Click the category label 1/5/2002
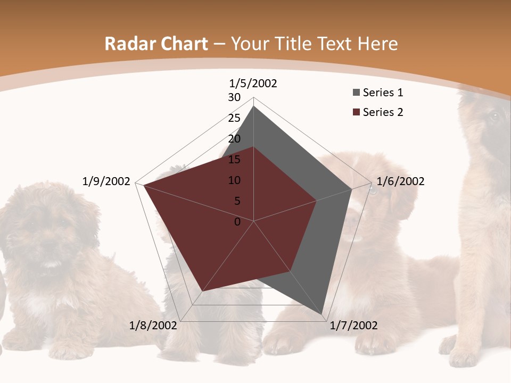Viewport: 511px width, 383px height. pyautogui.click(x=253, y=83)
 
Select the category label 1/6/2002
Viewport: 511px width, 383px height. pyautogui.click(x=400, y=181)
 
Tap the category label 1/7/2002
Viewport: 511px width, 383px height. pyautogui.click(x=353, y=326)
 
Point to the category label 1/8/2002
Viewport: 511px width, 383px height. pyautogui.click(x=153, y=326)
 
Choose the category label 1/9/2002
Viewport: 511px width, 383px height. pyautogui.click(x=106, y=181)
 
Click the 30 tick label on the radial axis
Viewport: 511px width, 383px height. pyautogui.click(x=234, y=97)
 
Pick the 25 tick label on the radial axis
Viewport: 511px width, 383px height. pyautogui.click(x=234, y=118)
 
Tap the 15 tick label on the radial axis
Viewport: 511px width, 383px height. pyautogui.click(x=234, y=160)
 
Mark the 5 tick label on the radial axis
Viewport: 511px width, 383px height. pyautogui.click(x=237, y=201)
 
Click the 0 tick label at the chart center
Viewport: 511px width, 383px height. pyautogui.click(x=237, y=222)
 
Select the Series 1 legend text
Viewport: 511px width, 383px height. pyautogui.click(x=383, y=93)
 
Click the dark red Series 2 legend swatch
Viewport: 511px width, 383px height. pyautogui.click(x=356, y=112)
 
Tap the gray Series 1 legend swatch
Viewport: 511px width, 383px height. pyautogui.click(x=356, y=93)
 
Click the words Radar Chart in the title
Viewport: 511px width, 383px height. pyautogui.click(x=156, y=44)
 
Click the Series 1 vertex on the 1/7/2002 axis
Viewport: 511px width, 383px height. pyautogui.click(x=324, y=315)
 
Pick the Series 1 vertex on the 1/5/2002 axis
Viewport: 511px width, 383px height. pyautogui.click(x=253, y=106)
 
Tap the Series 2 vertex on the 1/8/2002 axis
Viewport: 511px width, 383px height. pyautogui.click(x=202, y=291)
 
